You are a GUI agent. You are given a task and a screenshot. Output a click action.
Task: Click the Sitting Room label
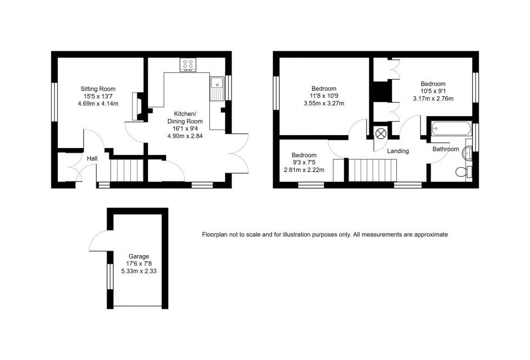tap(98, 89)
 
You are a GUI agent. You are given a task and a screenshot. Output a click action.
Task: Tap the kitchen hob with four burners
tap(188, 65)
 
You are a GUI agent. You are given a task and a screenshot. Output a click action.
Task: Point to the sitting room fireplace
tap(137, 107)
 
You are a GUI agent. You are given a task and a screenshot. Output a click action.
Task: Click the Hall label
tap(92, 158)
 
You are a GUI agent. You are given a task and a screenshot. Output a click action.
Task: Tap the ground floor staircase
tap(127, 170)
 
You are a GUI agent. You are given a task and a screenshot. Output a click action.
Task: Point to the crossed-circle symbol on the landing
tap(380, 133)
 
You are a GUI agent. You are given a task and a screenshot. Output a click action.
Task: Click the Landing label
tap(398, 151)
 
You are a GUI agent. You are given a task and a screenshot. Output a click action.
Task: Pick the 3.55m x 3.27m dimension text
tap(324, 103)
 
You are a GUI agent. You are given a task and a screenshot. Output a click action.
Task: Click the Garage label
tap(138, 256)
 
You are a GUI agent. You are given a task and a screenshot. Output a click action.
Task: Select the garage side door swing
tap(99, 241)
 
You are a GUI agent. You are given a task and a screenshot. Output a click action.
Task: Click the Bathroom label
tap(445, 149)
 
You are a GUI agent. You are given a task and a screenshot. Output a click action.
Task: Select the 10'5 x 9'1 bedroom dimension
tap(433, 91)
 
